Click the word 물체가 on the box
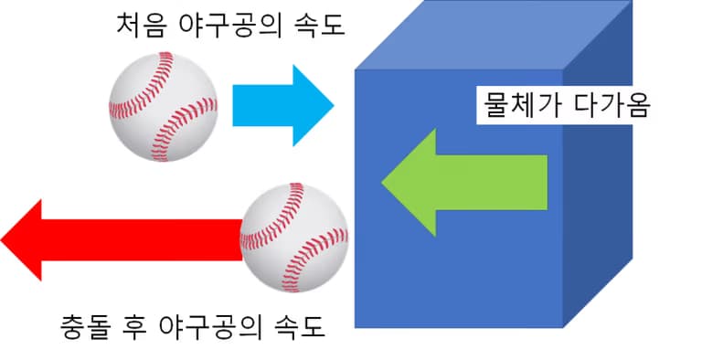pos(520,106)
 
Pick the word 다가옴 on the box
pos(612,106)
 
